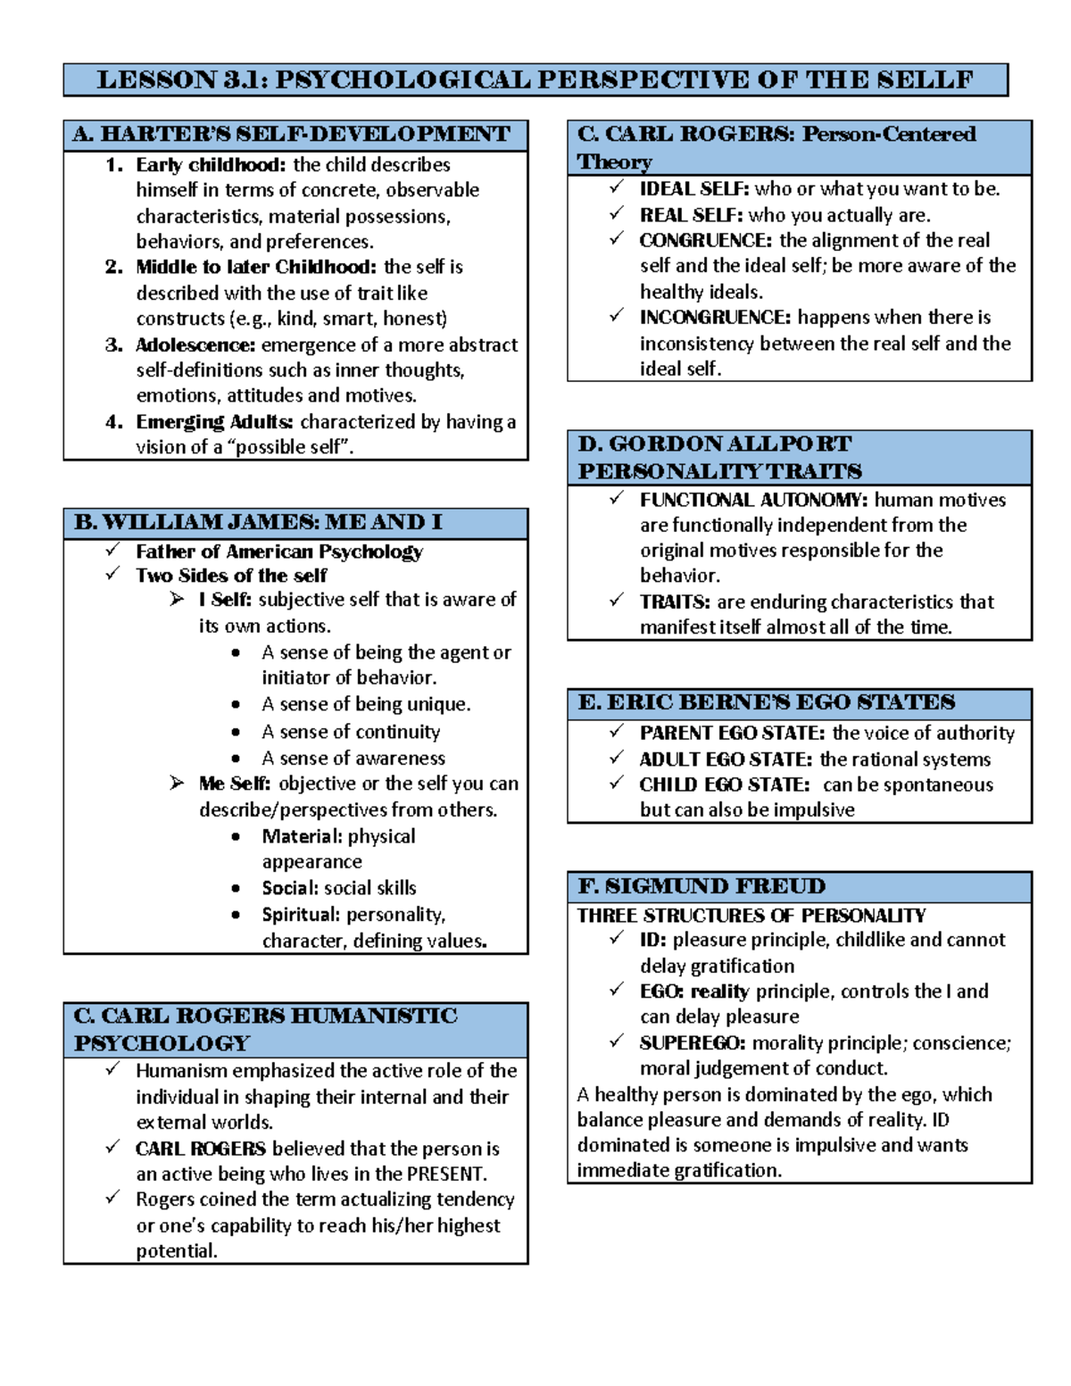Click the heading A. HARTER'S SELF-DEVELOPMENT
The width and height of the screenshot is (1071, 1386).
tap(292, 135)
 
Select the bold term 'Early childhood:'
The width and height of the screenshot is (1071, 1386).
tap(211, 165)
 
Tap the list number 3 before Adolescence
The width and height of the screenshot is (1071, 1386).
tap(113, 345)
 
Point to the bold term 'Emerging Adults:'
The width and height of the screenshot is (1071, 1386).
tap(214, 422)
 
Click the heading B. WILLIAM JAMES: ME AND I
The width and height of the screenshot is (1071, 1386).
tap(258, 523)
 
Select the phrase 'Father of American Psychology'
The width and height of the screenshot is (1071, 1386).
tap(278, 552)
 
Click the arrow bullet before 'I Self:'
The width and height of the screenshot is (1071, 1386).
tap(177, 600)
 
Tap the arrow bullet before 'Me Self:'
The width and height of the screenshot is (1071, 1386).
tap(177, 784)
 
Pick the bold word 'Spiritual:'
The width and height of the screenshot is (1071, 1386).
tap(301, 915)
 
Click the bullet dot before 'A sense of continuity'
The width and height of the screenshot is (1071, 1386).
tap(236, 733)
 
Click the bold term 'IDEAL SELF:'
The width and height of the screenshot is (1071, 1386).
tap(693, 189)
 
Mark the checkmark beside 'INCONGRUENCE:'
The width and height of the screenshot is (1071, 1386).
tap(616, 316)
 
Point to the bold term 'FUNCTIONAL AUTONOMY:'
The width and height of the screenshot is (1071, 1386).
tap(753, 501)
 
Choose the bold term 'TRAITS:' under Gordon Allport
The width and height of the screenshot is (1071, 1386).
tap(675, 602)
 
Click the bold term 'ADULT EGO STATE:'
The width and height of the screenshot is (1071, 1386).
tap(726, 759)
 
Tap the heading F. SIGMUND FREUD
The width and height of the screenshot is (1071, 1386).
tap(702, 887)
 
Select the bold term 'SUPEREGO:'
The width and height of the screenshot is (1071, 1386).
tap(692, 1043)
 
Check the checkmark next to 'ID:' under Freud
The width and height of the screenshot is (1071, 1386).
tap(616, 938)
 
